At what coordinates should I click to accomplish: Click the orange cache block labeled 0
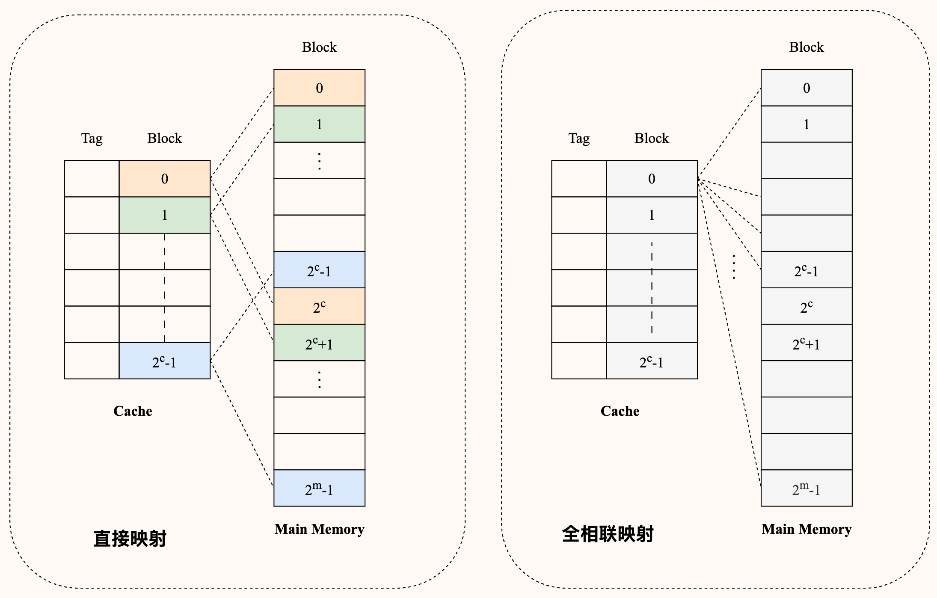pyautogui.click(x=165, y=179)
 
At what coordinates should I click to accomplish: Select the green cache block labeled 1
pyautogui.click(x=165, y=215)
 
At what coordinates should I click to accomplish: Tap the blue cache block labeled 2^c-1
pyautogui.click(x=165, y=361)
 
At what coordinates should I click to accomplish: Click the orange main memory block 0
pyautogui.click(x=319, y=88)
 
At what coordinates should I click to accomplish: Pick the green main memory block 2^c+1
pyautogui.click(x=319, y=343)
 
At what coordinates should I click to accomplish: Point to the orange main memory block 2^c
pyautogui.click(x=319, y=306)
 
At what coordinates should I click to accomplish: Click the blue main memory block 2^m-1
pyautogui.click(x=319, y=488)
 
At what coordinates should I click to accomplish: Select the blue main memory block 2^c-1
pyautogui.click(x=319, y=270)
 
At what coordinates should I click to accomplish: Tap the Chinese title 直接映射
pyautogui.click(x=130, y=539)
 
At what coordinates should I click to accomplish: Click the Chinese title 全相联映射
pyautogui.click(x=608, y=534)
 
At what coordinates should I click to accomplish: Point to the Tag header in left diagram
pyautogui.click(x=92, y=138)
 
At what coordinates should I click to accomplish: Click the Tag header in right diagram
pyautogui.click(x=579, y=138)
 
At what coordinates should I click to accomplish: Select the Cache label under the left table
pyautogui.click(x=133, y=411)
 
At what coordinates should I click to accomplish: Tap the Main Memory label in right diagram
pyautogui.click(x=807, y=529)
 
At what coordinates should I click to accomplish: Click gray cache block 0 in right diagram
pyautogui.click(x=652, y=179)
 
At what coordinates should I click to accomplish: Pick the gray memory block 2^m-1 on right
pyautogui.click(x=807, y=488)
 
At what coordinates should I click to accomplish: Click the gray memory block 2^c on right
pyautogui.click(x=807, y=306)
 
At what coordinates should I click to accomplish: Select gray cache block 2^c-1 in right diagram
pyautogui.click(x=652, y=361)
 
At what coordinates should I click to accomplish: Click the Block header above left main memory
pyautogui.click(x=319, y=47)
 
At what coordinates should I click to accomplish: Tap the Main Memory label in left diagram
pyautogui.click(x=319, y=529)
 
